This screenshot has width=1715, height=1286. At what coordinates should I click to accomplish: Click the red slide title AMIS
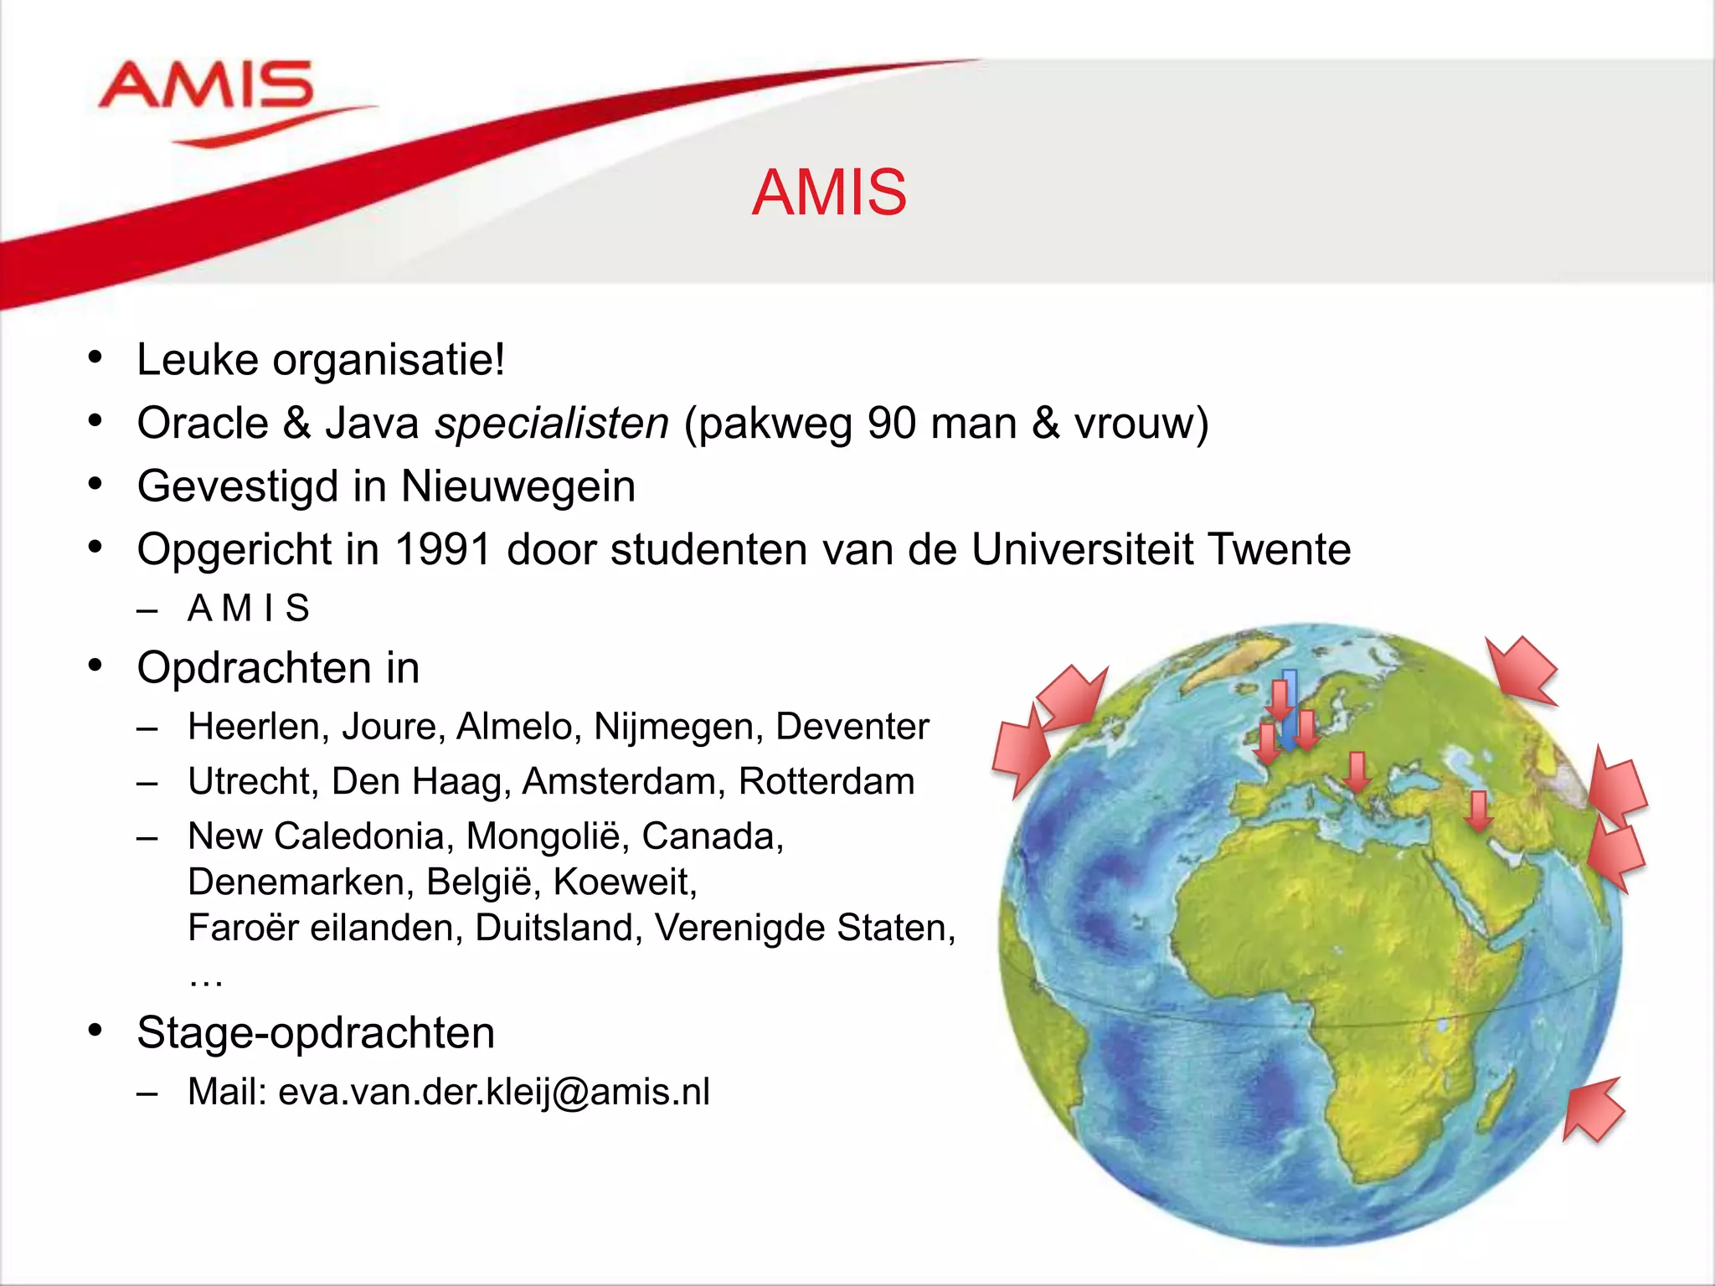pyautogui.click(x=829, y=193)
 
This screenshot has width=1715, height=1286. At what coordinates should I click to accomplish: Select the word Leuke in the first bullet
pyautogui.click(x=198, y=360)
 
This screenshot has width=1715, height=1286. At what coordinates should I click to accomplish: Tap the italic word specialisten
pyautogui.click(x=552, y=423)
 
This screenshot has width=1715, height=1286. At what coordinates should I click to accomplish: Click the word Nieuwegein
pyautogui.click(x=518, y=486)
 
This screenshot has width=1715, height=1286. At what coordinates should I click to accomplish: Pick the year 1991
pyautogui.click(x=443, y=550)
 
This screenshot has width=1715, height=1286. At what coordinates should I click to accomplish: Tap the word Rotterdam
pyautogui.click(x=827, y=781)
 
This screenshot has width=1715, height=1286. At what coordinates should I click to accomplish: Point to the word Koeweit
pyautogui.click(x=625, y=882)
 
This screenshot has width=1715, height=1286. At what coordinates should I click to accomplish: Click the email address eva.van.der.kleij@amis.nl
pyautogui.click(x=494, y=1092)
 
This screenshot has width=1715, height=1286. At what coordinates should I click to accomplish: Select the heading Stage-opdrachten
pyautogui.click(x=316, y=1032)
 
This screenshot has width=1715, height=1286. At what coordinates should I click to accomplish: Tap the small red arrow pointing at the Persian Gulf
pyautogui.click(x=1479, y=810)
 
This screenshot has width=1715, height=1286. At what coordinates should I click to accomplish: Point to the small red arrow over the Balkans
pyautogui.click(x=1357, y=772)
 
